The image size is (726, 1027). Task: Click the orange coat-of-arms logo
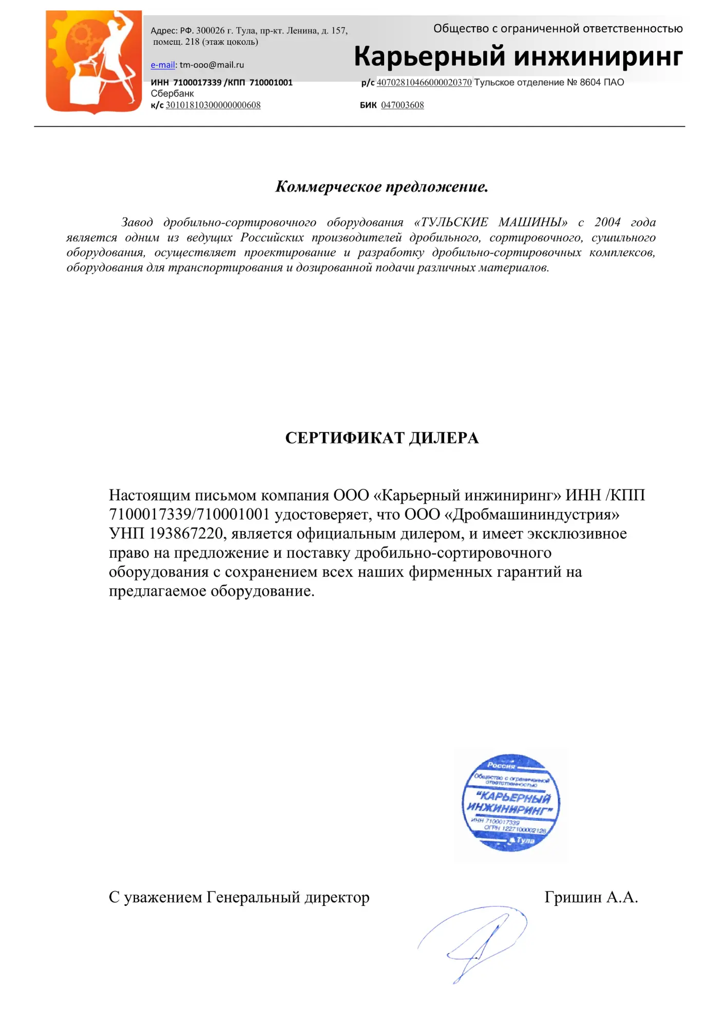point(94,62)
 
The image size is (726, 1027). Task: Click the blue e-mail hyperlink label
point(162,65)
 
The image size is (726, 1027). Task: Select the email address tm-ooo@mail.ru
point(212,65)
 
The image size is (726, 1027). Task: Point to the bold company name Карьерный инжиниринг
point(518,56)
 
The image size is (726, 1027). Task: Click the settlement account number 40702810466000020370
point(424,83)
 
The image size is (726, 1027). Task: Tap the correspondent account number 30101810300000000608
point(213,105)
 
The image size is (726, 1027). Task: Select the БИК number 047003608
point(402,105)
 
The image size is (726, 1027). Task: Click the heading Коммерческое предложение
point(381,187)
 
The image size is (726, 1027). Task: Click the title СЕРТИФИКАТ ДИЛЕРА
point(381,438)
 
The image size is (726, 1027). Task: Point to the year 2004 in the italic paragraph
point(607,222)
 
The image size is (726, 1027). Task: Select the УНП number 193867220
point(186,534)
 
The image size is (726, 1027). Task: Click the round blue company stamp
point(511,802)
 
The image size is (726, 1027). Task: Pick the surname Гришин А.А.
point(591,898)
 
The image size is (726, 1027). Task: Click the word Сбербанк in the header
point(173,94)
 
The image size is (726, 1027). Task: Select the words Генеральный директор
point(288,898)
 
